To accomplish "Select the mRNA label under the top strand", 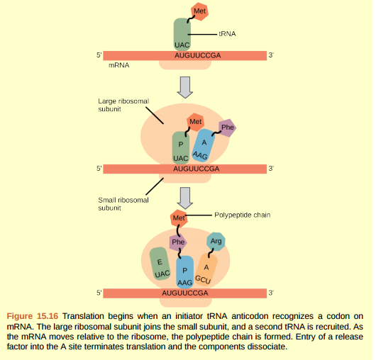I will [118, 64].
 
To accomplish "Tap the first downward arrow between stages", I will [185, 86].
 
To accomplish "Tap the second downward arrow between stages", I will [185, 198].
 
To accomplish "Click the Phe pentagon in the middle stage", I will [227, 128].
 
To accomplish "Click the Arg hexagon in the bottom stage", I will [216, 242].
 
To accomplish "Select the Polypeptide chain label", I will [242, 214].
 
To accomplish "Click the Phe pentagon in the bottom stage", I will [178, 242].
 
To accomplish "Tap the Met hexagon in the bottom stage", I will [179, 217].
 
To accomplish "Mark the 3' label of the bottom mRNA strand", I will [270, 292].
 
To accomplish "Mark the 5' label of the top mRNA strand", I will [99, 55].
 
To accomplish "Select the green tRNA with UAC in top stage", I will [182, 35].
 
